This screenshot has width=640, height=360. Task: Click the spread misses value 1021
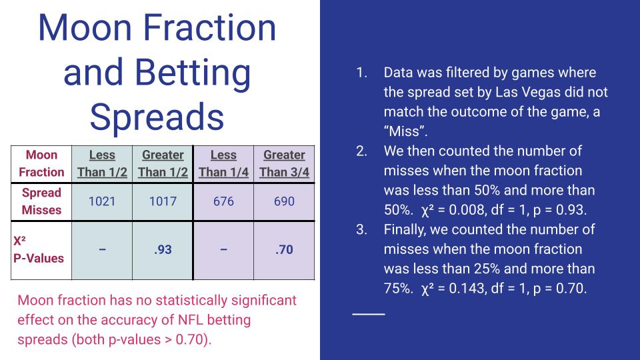pyautogui.click(x=102, y=201)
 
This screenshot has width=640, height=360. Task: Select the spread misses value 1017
pyautogui.click(x=163, y=201)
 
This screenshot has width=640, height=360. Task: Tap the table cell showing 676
pyautogui.click(x=223, y=201)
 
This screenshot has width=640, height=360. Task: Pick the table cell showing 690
pyautogui.click(x=284, y=201)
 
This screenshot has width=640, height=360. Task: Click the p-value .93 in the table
pyautogui.click(x=163, y=251)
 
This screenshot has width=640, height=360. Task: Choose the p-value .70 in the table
pyautogui.click(x=284, y=251)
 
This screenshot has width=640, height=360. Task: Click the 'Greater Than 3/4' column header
pyautogui.click(x=284, y=163)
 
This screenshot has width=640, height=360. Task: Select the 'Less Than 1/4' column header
pyautogui.click(x=223, y=163)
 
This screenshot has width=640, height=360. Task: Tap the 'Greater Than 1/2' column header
pyautogui.click(x=163, y=163)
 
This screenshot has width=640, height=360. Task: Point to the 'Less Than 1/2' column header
pyautogui.click(x=102, y=163)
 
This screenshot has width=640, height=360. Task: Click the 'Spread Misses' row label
pyautogui.click(x=41, y=201)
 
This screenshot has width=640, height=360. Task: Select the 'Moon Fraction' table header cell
pyautogui.click(x=41, y=163)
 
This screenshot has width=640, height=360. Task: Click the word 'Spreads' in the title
pyautogui.click(x=157, y=117)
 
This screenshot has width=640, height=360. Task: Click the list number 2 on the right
pyautogui.click(x=361, y=151)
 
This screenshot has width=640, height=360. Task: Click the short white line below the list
pyautogui.click(x=369, y=313)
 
